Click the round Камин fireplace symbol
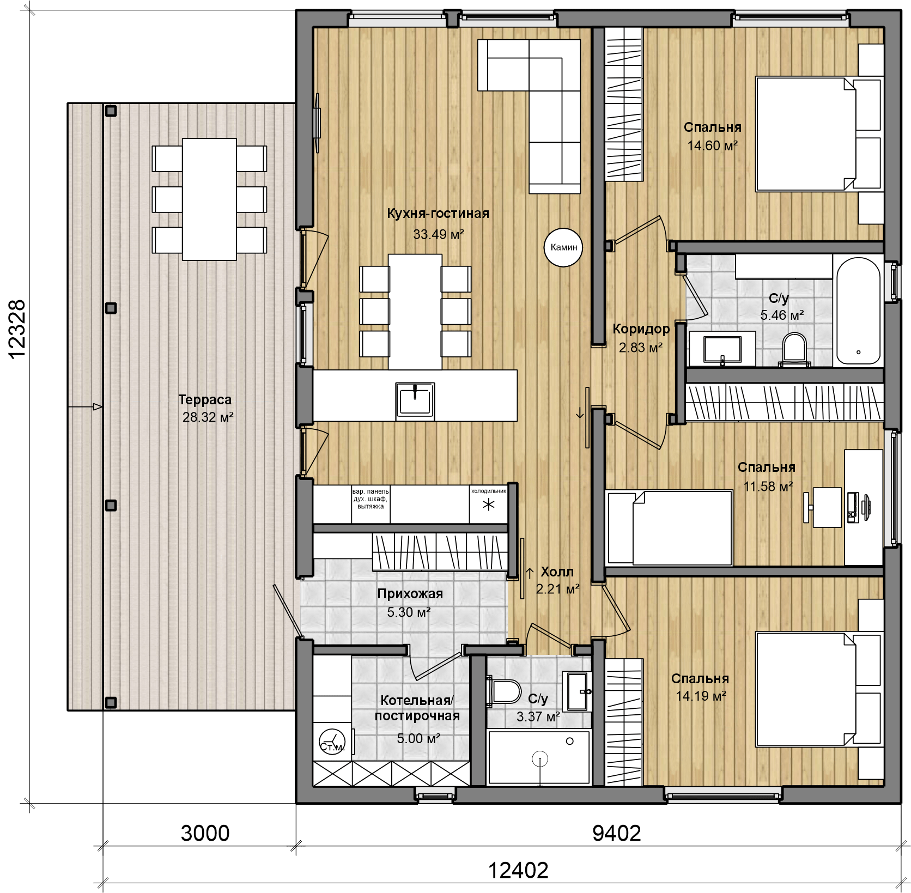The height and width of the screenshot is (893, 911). (563, 247)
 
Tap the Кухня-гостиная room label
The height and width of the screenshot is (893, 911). (438, 214)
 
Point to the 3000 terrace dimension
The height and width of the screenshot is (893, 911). (205, 833)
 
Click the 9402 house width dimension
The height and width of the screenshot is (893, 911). (616, 833)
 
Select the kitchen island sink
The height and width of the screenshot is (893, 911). (415, 401)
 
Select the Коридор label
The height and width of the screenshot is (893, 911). (641, 329)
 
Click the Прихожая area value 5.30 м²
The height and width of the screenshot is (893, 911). (409, 612)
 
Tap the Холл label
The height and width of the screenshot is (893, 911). (557, 572)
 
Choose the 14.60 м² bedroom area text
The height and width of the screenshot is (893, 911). (712, 145)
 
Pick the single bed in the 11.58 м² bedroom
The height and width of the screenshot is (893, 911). (669, 527)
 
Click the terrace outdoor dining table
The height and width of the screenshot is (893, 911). (209, 199)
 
